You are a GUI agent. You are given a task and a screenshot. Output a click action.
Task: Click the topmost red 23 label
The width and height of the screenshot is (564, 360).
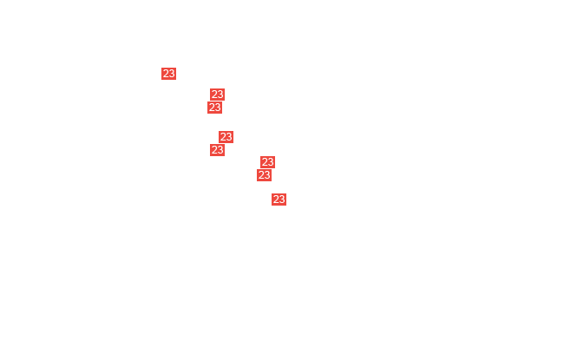click(168, 74)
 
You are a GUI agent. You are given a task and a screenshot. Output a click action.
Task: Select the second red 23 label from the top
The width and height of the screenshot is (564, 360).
click(217, 95)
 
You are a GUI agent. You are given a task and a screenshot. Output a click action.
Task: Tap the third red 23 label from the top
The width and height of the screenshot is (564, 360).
click(214, 108)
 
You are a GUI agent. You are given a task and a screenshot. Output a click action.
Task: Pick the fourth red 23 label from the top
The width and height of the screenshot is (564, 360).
click(226, 137)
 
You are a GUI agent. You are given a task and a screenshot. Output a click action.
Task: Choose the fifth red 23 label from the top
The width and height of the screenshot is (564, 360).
click(217, 150)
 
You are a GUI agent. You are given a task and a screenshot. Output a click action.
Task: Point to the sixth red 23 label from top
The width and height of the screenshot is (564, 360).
click(267, 162)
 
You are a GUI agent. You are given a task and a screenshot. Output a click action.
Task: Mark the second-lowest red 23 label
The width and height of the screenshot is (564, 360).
click(264, 175)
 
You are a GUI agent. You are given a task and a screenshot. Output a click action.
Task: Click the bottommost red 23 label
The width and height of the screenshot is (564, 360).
click(279, 200)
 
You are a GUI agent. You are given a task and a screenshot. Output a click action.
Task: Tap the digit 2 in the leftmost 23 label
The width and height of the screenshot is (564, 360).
click(166, 74)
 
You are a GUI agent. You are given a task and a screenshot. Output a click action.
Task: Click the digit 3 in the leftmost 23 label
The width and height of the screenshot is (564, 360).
click(172, 74)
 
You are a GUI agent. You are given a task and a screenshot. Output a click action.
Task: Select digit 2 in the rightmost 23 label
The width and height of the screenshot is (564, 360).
click(276, 200)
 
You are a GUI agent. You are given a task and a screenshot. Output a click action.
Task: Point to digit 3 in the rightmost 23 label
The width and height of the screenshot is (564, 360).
click(282, 200)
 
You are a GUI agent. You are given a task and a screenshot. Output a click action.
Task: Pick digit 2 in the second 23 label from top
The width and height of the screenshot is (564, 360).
click(214, 95)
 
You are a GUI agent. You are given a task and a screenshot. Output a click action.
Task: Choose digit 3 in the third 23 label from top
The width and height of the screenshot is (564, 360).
click(218, 108)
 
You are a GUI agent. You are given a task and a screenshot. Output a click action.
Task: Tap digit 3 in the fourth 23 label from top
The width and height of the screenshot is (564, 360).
click(229, 137)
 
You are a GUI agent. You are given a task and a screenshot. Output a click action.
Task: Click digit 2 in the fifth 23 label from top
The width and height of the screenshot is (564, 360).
click(214, 150)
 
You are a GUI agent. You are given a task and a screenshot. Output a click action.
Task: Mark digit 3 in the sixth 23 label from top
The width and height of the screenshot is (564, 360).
click(271, 162)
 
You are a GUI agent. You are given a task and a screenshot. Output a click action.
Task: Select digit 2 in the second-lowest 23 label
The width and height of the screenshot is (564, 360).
click(261, 175)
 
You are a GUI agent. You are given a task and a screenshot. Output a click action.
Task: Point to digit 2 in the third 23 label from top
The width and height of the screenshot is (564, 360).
click(212, 108)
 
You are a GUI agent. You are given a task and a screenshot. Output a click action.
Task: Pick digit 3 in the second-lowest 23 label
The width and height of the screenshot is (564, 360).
click(267, 175)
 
